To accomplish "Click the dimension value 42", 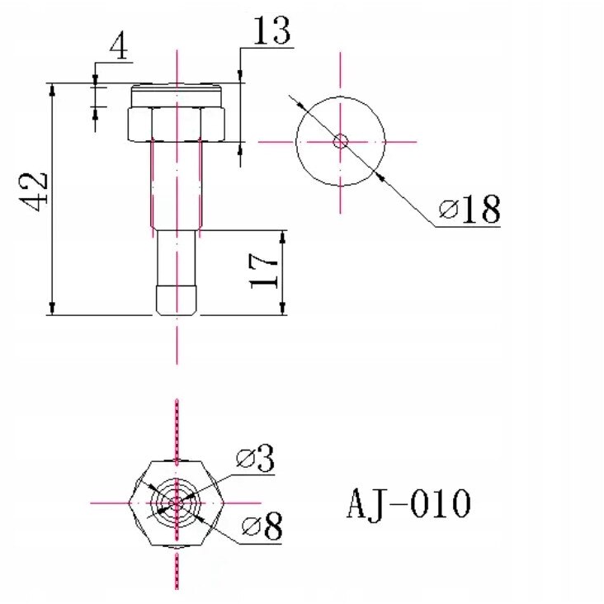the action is coord(34,191).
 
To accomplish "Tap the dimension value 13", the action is coord(271,31).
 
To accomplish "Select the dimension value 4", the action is coord(119,47).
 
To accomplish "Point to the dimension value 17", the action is coord(263,271).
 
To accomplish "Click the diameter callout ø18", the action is coord(470,209).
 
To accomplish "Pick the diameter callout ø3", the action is coord(256,458).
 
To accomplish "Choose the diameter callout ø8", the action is coord(262,526).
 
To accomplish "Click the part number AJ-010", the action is coord(408,504).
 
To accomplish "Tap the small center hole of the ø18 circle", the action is coord(341,141).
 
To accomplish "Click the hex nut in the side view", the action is coord(176,124).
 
